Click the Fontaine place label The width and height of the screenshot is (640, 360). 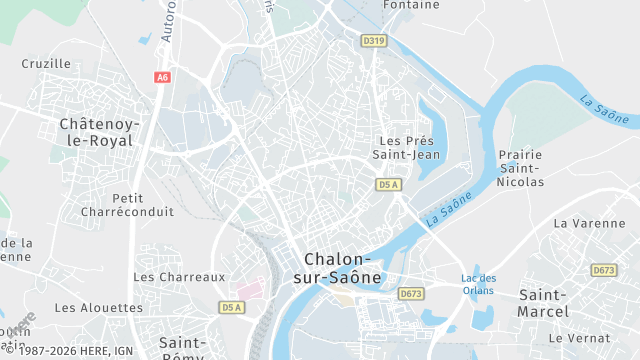tap(411, 5)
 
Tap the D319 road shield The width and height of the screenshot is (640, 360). tap(374, 41)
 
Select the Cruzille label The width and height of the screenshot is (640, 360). tap(46, 63)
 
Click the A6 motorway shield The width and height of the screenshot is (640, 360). tap(162, 77)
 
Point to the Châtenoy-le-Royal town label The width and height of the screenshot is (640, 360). tap(100, 132)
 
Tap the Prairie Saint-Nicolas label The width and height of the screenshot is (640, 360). tap(520, 168)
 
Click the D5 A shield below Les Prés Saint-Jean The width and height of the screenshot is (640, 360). tap(388, 185)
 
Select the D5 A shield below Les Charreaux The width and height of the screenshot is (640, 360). tap(232, 307)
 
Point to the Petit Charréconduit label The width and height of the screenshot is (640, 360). tap(143, 205)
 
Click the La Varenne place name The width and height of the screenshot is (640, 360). tap(588, 223)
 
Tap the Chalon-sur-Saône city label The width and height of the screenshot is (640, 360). tap(341, 267)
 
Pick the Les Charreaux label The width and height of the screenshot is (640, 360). tap(180, 276)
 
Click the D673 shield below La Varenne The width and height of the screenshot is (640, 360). tap(604, 270)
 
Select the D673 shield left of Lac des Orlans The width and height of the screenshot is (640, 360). tap(411, 294)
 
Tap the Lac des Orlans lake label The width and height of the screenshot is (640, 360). tap(479, 284)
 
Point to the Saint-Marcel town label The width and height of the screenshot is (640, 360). tap(543, 303)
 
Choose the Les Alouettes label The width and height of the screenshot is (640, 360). tap(99, 308)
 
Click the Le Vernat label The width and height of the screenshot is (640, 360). tap(579, 338)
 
